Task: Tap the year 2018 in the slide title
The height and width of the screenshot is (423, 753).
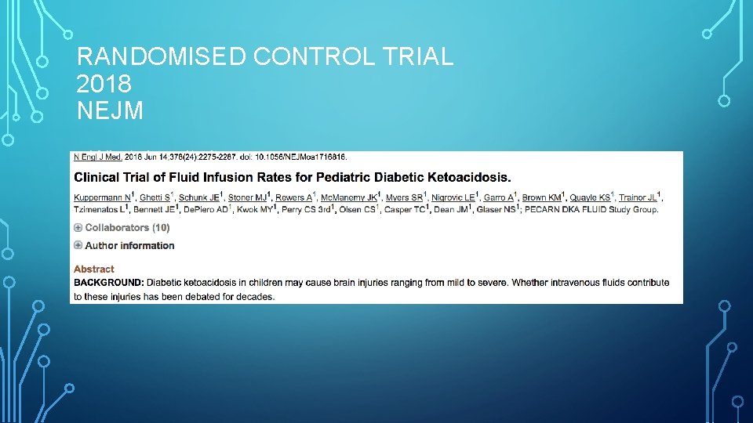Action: (x=104, y=84)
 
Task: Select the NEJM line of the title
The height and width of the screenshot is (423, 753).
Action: (x=111, y=110)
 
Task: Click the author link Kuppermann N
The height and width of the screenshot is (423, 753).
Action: (x=102, y=197)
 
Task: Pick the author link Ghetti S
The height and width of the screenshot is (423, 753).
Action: (x=155, y=197)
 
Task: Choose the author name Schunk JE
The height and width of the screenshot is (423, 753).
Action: (x=198, y=197)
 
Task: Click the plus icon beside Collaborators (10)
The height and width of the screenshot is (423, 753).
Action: (x=78, y=228)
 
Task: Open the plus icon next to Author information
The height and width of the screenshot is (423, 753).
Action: (x=78, y=245)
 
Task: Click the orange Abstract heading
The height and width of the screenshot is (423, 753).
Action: (x=94, y=269)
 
